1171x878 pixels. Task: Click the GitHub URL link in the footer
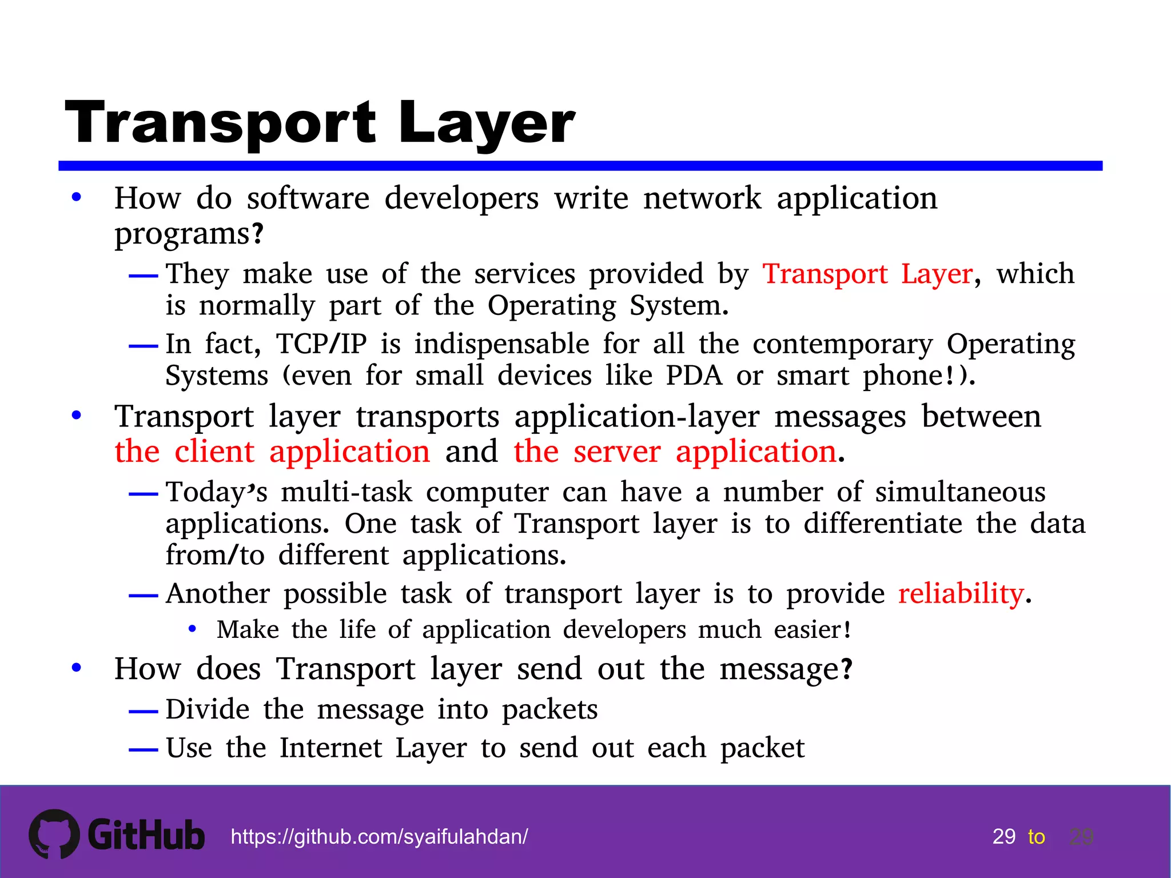coord(379,837)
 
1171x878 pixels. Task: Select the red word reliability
coord(961,593)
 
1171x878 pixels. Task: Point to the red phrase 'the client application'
coord(272,452)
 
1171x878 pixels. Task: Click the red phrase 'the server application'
coord(675,452)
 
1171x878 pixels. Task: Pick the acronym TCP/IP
coord(321,344)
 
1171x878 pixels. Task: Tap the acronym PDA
coord(694,376)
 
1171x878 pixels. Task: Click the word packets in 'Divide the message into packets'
coord(549,710)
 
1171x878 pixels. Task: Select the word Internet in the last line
coord(330,748)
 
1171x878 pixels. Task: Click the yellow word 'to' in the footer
coord(1036,837)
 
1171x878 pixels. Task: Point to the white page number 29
coord(1004,837)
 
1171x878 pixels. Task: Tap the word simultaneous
coord(960,492)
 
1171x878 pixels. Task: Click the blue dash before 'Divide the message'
coord(143,712)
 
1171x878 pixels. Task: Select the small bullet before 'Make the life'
coord(193,629)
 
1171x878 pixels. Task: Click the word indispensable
coord(501,344)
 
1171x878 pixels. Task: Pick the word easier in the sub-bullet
coord(807,630)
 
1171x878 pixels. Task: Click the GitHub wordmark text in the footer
coord(146,835)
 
